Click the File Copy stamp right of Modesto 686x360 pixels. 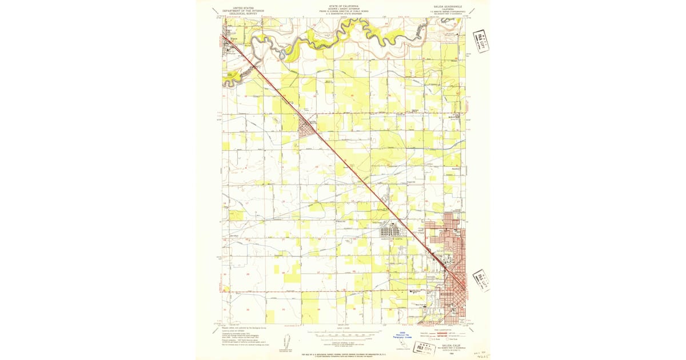click(x=481, y=281)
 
